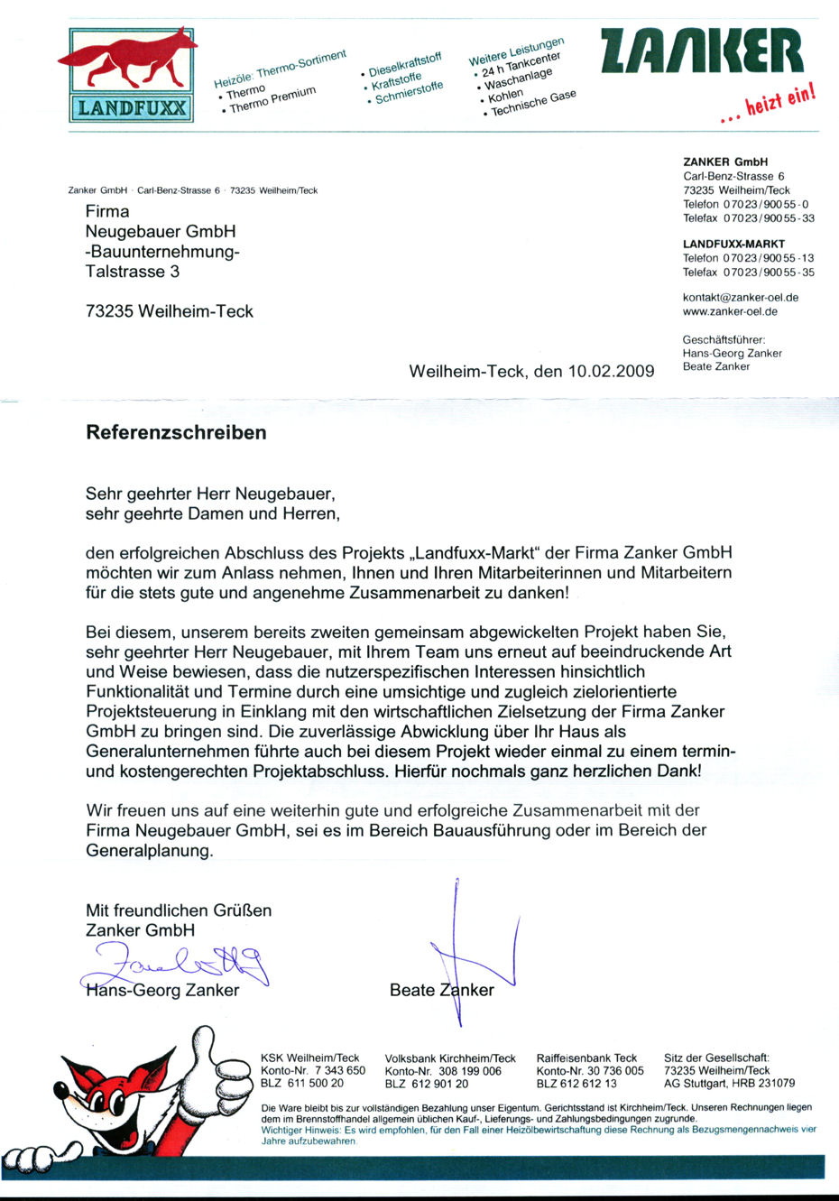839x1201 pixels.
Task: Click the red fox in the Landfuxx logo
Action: tap(131, 61)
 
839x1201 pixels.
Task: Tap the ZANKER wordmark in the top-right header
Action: tap(700, 52)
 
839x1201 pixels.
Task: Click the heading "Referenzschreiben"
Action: tap(176, 432)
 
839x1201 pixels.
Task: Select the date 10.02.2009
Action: tap(611, 372)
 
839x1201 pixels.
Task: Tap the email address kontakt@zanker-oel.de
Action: tap(741, 297)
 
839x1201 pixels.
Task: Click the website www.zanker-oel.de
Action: tap(730, 311)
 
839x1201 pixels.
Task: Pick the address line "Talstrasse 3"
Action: tap(133, 272)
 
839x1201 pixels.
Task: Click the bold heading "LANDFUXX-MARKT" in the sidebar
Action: tap(733, 244)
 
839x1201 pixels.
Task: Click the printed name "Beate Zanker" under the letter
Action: tap(441, 990)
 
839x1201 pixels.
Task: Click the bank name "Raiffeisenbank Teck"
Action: tap(586, 1058)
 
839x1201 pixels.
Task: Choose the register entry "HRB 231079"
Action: tap(765, 1084)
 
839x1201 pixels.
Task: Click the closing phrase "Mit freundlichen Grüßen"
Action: tap(179, 910)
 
